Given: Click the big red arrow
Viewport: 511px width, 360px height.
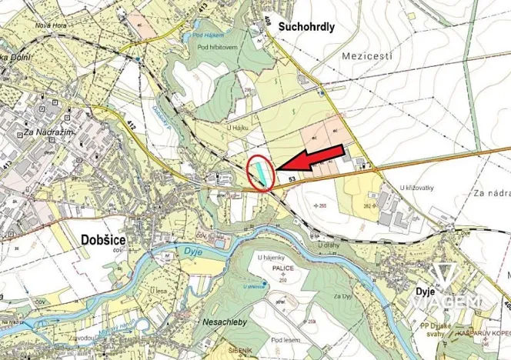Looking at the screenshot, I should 311,157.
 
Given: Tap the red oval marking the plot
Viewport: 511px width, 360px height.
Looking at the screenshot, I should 261,172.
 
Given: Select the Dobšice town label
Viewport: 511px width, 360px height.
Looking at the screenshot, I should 103,239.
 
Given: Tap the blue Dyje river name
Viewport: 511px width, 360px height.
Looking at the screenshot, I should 172,250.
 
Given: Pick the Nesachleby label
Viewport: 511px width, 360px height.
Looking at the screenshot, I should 224,323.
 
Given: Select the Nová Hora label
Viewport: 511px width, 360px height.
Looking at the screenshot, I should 46,23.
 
